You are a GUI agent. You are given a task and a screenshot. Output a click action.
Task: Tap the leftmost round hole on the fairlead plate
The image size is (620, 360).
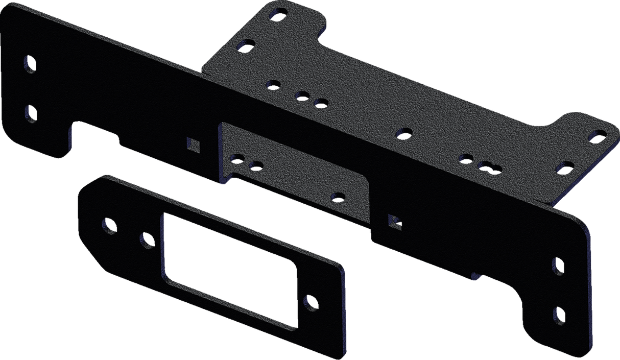[108, 224]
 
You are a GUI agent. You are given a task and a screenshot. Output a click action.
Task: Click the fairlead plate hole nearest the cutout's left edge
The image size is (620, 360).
[147, 239]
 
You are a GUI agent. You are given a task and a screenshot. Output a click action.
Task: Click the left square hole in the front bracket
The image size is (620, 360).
[193, 145]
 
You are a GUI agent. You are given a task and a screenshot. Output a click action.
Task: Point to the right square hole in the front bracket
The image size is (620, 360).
[394, 221]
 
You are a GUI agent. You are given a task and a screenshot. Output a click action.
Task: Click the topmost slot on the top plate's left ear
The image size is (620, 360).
[277, 13]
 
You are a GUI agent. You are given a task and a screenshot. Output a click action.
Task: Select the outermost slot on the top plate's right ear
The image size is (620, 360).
[597, 135]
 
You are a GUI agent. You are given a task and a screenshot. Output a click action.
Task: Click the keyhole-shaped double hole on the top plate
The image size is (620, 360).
[488, 166]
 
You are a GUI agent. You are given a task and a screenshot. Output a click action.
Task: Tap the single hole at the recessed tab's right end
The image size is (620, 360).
[337, 196]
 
